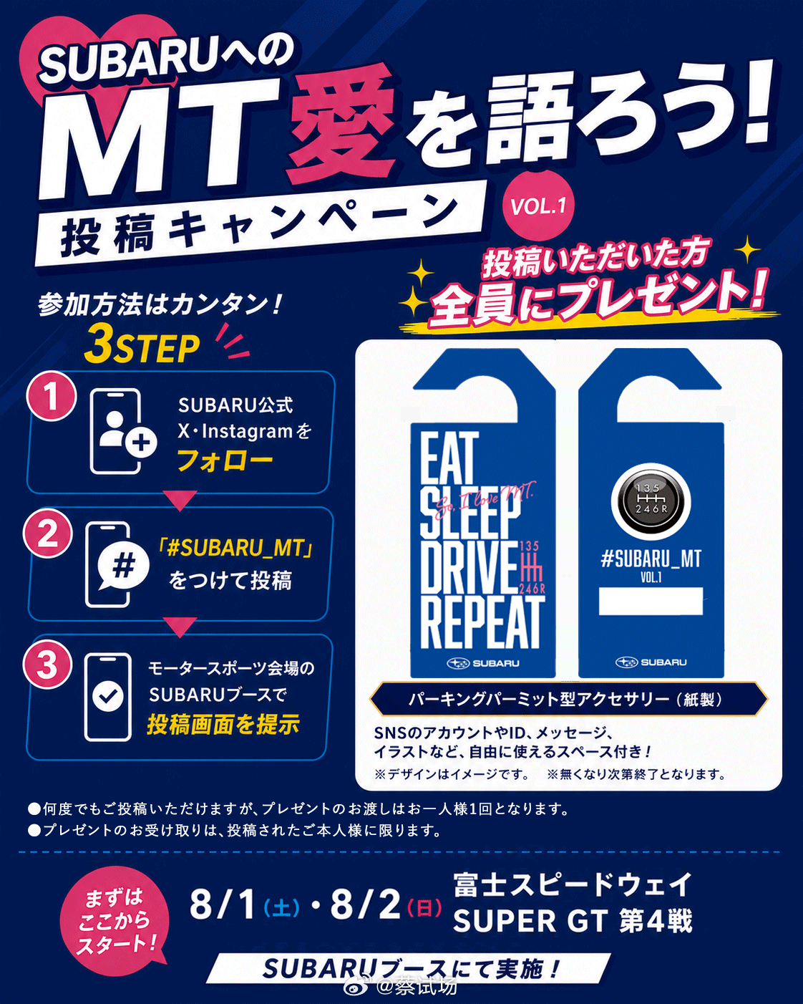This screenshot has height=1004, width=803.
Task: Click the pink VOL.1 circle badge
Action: click(x=540, y=206)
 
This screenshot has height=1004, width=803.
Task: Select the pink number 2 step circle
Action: click(x=47, y=533)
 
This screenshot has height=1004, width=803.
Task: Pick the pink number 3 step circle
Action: click(x=47, y=665)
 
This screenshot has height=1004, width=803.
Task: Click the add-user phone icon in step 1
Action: click(x=122, y=431)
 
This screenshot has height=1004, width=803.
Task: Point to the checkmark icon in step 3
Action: click(x=108, y=696)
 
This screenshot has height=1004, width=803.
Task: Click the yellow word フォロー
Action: click(x=225, y=460)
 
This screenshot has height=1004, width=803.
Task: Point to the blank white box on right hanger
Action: click(x=651, y=602)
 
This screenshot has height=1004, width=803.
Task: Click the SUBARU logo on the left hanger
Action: click(x=482, y=663)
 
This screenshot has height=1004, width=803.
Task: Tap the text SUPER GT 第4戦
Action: click(x=573, y=922)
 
